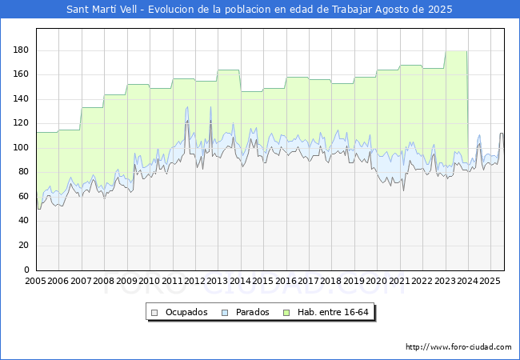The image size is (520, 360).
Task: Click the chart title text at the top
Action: point(259,10)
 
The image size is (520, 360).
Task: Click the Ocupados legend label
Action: point(186,312)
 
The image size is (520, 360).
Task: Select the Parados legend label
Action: point(252,312)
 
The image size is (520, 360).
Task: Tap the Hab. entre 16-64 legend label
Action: point(333,312)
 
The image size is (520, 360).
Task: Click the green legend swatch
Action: point(286,313)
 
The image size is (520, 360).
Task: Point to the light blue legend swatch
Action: point(225,313)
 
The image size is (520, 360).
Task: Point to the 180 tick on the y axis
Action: point(21,50)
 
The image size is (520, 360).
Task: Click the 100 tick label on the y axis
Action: point(21,147)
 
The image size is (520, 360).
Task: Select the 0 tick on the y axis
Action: point(26,270)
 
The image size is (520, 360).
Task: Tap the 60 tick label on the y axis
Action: point(23,196)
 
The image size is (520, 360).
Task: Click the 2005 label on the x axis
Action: point(35,281)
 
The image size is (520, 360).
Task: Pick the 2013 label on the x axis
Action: point(217,281)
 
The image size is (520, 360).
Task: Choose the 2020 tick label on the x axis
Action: point(376,281)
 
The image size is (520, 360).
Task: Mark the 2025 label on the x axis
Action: point(490,281)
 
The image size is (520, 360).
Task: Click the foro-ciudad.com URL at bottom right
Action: point(458,347)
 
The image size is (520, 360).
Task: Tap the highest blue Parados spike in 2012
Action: point(210,107)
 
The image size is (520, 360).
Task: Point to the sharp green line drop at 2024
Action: point(468,99)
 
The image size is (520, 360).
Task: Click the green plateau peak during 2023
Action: point(456,51)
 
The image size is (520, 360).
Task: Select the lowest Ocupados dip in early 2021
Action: point(403,190)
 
